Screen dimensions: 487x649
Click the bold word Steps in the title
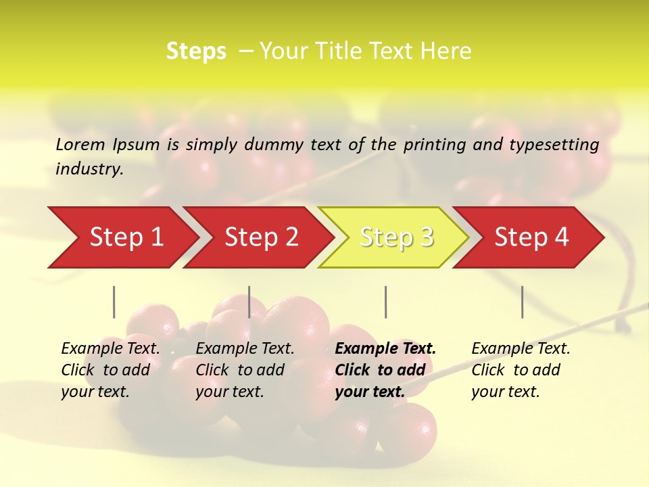pyautogui.click(x=196, y=51)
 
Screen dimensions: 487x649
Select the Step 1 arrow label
pyautogui.click(x=126, y=237)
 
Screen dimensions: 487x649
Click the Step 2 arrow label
pyautogui.click(x=262, y=237)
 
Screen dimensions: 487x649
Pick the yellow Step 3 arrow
pyautogui.click(x=396, y=237)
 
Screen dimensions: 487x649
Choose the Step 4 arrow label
pyautogui.click(x=531, y=237)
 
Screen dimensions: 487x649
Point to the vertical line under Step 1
pyautogui.click(x=114, y=302)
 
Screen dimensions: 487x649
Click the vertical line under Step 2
pyautogui.click(x=249, y=302)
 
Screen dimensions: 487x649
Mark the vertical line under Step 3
pyautogui.click(x=385, y=302)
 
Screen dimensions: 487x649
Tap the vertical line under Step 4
pyautogui.click(x=523, y=302)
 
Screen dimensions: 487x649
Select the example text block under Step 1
pyautogui.click(x=110, y=370)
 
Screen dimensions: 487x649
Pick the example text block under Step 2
pyautogui.click(x=245, y=370)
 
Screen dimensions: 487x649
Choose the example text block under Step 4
pyautogui.click(x=521, y=370)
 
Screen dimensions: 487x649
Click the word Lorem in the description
pyautogui.click(x=81, y=145)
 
